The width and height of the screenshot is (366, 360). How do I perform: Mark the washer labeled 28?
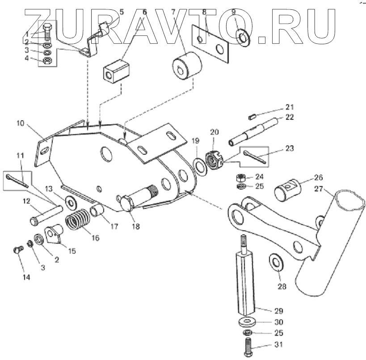click(x=275, y=263)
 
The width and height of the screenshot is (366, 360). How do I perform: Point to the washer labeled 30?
click(x=246, y=322)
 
